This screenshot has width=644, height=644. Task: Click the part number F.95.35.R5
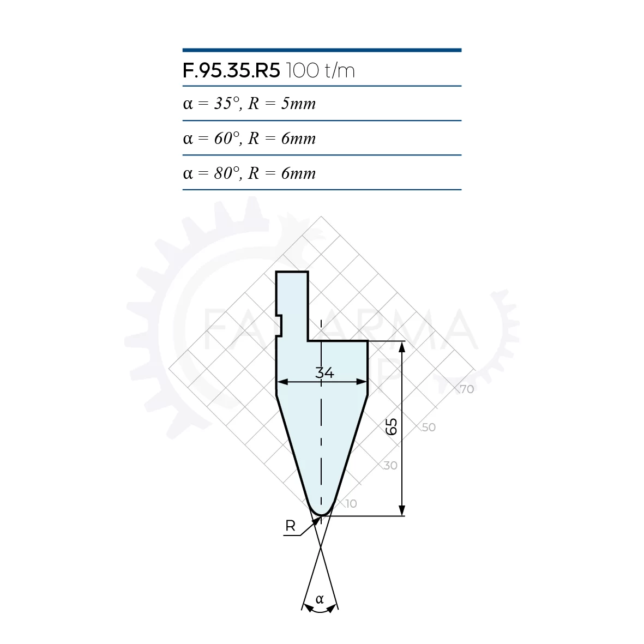tap(231, 71)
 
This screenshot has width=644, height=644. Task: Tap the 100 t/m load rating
tap(320, 71)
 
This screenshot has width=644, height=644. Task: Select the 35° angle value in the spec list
tap(227, 104)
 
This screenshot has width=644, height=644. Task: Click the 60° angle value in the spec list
tap(227, 139)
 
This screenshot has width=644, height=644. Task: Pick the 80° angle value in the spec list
tap(227, 173)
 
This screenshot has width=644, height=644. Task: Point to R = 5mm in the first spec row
tap(282, 104)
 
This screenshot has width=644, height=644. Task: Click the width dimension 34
tap(324, 373)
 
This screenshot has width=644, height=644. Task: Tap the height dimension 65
tap(392, 426)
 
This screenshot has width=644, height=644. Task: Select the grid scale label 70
tap(467, 389)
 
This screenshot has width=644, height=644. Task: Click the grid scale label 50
tap(429, 427)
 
